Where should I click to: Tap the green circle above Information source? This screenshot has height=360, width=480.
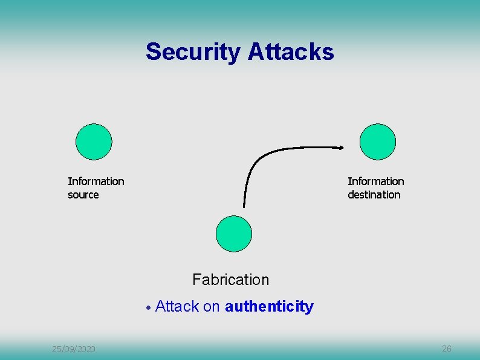coord(94,142)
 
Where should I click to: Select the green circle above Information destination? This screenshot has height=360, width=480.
coord(377,142)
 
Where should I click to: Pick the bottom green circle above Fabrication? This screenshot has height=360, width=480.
coord(233,234)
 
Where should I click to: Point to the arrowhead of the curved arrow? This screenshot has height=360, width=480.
coord(342,147)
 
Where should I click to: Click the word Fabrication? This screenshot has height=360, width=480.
coord(230,280)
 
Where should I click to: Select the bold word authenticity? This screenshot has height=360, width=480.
coord(269,307)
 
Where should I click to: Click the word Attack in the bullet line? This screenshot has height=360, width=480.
coord(177,306)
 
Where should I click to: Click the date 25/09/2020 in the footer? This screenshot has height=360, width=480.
coord(73,349)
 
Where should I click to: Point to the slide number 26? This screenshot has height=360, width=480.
coord(447,349)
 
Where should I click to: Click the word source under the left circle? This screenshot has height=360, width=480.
coord(83,195)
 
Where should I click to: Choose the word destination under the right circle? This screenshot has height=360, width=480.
coord(374,195)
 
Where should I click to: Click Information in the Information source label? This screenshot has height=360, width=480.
coord(96,182)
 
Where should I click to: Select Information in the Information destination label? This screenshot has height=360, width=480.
coord(375,182)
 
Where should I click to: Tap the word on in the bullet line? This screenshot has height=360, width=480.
coord(211,307)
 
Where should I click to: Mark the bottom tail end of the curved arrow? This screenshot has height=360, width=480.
coord(244,206)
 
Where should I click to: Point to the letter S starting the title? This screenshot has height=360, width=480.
coord(152,52)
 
